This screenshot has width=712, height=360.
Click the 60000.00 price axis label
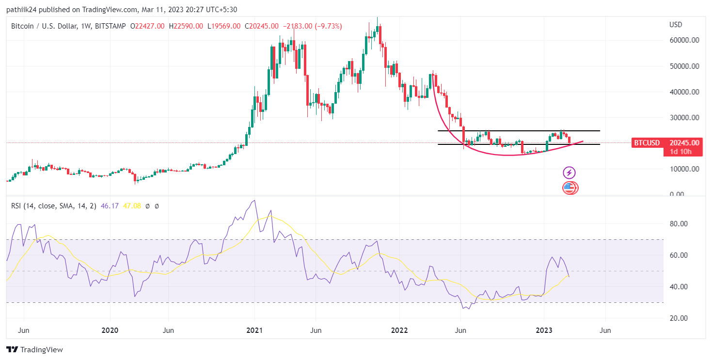[684, 40]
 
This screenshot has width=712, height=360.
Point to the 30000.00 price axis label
[684, 117]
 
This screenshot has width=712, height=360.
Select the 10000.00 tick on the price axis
[684, 169]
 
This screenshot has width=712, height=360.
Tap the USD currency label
[676, 25]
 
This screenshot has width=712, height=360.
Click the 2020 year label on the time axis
[110, 330]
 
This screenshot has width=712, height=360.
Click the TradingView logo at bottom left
[34, 349]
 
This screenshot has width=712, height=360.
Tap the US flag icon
[570, 188]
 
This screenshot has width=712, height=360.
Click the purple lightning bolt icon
[569, 172]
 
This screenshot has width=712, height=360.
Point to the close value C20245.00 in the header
[262, 26]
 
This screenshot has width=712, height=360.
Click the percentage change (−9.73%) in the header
[328, 26]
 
